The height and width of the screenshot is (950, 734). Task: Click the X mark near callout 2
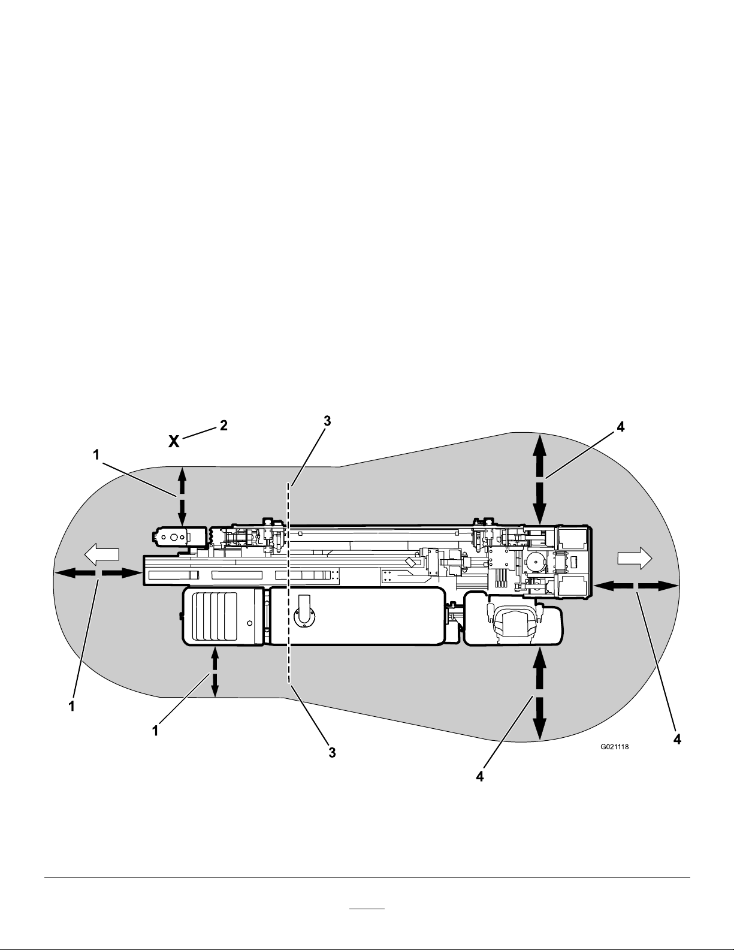click(x=174, y=441)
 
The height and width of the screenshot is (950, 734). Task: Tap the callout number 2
click(x=223, y=426)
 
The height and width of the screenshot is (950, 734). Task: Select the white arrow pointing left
click(x=101, y=554)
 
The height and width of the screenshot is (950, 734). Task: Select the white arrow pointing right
click(x=635, y=559)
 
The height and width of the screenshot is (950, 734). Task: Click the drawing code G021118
click(x=614, y=747)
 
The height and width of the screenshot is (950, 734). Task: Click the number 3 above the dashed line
click(x=327, y=421)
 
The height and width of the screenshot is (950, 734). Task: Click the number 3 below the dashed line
click(x=332, y=753)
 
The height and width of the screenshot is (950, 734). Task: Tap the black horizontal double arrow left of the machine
click(x=99, y=573)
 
